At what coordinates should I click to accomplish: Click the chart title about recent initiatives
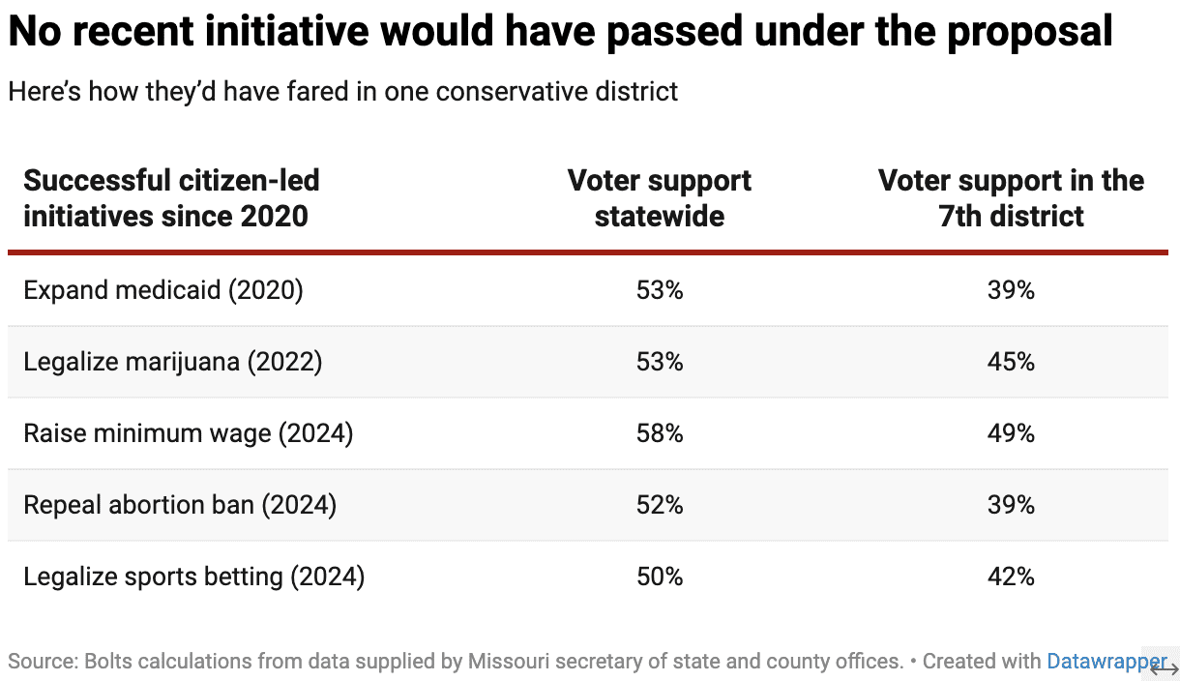560,33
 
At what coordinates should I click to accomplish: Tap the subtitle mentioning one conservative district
342,92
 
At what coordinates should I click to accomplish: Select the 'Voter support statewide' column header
659,197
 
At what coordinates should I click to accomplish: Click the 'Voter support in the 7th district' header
1011,197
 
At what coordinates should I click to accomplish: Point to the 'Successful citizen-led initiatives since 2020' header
171,197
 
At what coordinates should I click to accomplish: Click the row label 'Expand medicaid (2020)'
163,290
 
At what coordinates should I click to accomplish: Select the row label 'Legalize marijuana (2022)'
173,362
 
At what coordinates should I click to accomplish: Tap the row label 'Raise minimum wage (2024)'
189,433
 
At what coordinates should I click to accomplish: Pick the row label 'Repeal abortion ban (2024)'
180,505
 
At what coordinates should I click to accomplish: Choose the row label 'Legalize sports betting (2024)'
194,577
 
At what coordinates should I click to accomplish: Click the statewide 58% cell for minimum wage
660,433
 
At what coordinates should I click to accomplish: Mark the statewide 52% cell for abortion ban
660,505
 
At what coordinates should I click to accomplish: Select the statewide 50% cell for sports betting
660,577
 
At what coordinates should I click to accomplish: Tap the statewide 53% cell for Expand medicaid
660,290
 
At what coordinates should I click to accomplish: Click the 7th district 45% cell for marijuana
1012,362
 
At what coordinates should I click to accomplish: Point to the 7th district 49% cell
1012,433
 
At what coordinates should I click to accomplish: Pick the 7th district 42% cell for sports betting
1012,577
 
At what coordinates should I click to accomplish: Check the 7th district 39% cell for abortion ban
1012,505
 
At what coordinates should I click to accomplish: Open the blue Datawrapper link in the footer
1106,662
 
